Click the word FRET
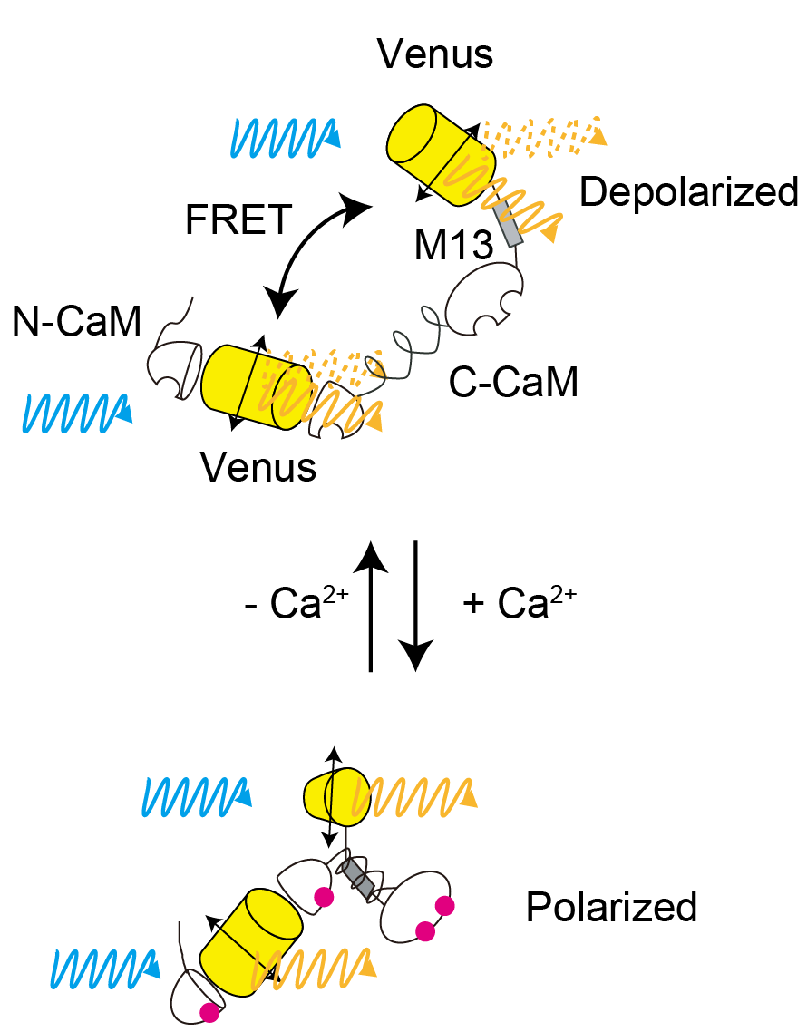238,220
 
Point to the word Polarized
611,907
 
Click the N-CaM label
77,322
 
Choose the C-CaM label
513,384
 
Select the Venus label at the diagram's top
436,54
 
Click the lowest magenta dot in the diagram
209,1013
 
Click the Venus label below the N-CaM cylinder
258,467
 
